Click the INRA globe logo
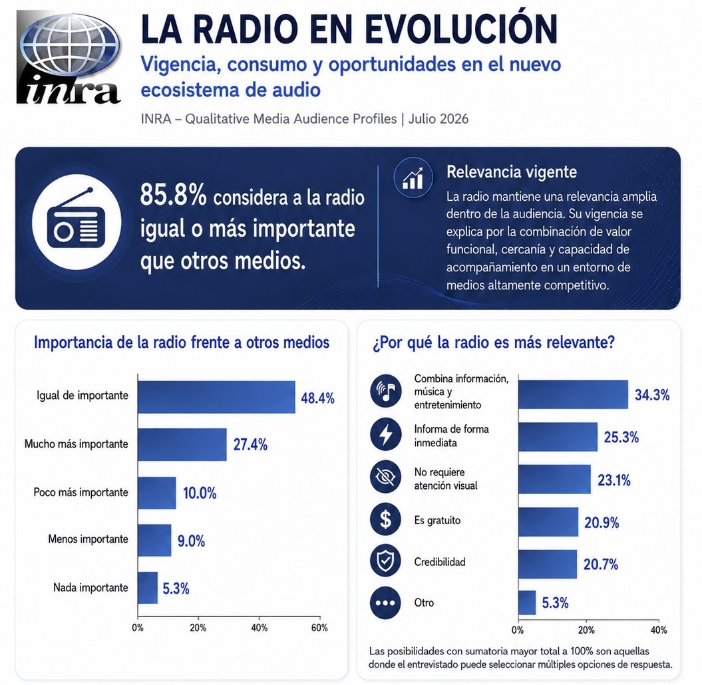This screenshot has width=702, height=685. (69, 57)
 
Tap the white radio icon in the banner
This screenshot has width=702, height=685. (77, 222)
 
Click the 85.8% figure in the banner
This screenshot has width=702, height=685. (173, 195)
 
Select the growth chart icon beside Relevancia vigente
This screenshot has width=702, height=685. (413, 178)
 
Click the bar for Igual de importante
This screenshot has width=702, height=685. (216, 397)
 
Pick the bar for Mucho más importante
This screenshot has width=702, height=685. (182, 445)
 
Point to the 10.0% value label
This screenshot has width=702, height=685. (200, 493)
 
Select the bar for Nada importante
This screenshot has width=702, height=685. (148, 588)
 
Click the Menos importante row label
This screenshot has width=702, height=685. (88, 539)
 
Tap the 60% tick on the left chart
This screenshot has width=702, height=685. (319, 628)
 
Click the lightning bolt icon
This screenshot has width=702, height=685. (385, 435)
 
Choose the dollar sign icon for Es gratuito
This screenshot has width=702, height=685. (385, 519)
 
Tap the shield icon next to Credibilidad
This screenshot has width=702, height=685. (385, 561)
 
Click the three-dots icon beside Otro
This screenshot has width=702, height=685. (385, 603)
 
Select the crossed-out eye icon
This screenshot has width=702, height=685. (385, 477)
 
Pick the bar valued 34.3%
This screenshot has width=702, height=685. (573, 394)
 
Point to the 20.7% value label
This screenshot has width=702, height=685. (601, 565)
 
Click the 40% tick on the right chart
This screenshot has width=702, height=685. (659, 630)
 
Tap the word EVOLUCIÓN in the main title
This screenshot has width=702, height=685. (461, 29)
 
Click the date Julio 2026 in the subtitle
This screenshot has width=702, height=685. (439, 119)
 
